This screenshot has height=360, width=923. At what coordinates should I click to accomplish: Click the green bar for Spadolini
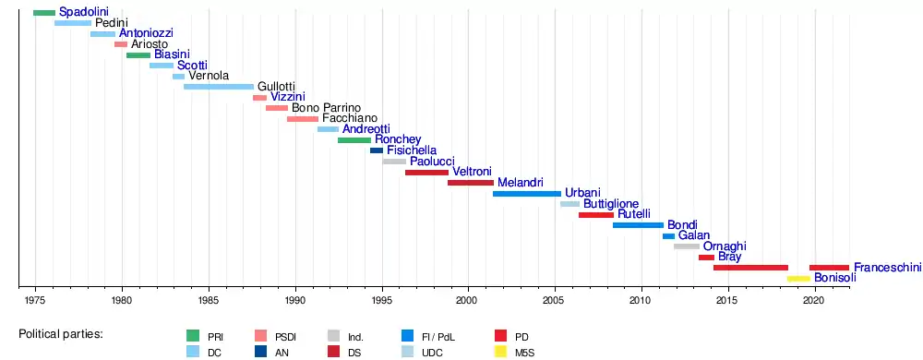pyautogui.click(x=44, y=13)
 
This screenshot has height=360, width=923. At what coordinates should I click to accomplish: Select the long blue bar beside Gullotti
pyautogui.click(x=219, y=87)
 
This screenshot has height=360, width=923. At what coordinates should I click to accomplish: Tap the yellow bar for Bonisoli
pyautogui.click(x=798, y=278)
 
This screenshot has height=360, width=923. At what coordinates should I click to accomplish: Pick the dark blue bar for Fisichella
pyautogui.click(x=377, y=150)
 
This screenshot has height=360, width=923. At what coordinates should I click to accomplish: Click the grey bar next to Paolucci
pyautogui.click(x=394, y=162)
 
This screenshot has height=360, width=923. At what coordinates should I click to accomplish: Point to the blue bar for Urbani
pyautogui.click(x=527, y=194)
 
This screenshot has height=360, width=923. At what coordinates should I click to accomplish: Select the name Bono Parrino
pyautogui.click(x=326, y=108)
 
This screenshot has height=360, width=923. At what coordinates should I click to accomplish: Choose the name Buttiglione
pyautogui.click(x=611, y=203)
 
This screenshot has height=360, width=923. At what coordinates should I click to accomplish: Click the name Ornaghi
pyautogui.click(x=725, y=246)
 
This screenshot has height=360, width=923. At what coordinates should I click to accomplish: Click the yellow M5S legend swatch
pyautogui.click(x=499, y=353)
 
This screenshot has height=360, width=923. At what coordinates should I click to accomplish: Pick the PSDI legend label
pyautogui.click(x=285, y=338)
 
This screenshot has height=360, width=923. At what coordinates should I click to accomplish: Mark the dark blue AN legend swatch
pyautogui.click(x=261, y=353)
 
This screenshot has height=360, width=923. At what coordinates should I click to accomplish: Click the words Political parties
pyautogui.click(x=61, y=334)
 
